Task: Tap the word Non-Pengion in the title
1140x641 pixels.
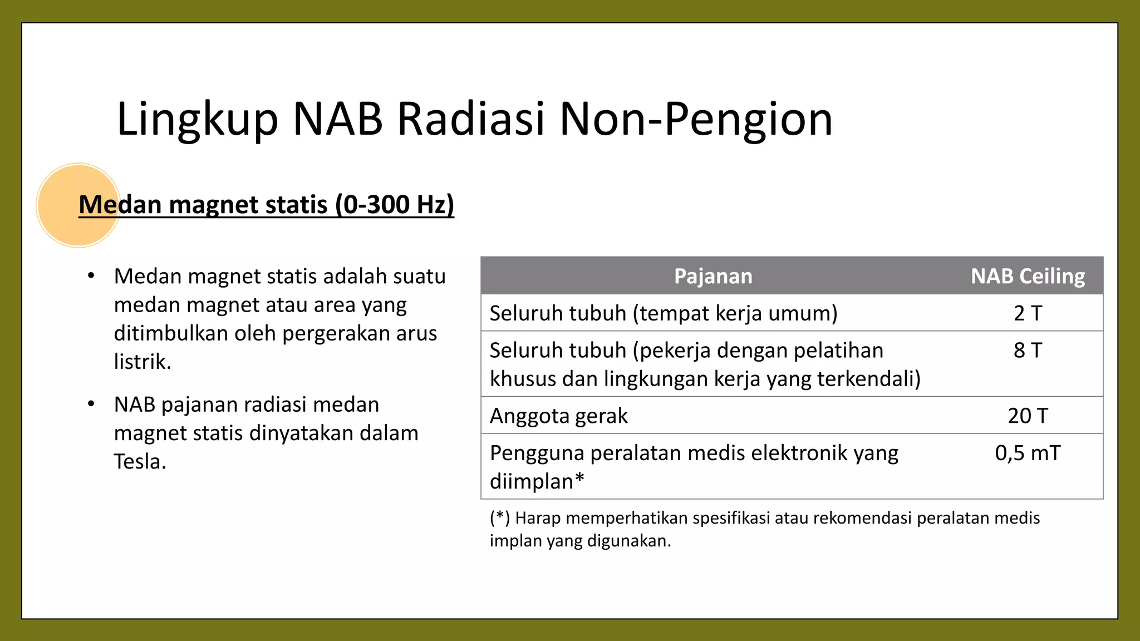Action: [x=696, y=120]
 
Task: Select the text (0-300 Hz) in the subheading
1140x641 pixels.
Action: [x=395, y=205]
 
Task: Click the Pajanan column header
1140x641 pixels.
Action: [x=713, y=276]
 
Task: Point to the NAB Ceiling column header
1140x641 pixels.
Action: [x=1028, y=276]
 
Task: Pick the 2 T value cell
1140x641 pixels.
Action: [x=1028, y=313]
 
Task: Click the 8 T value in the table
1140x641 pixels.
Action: [x=1028, y=351]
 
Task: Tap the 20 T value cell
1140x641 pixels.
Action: [x=1028, y=416]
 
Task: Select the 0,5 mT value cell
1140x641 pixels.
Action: [x=1028, y=453]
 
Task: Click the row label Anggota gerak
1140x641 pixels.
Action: [x=558, y=416]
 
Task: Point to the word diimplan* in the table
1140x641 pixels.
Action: [x=537, y=481]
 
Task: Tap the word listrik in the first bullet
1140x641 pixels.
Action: [x=142, y=362]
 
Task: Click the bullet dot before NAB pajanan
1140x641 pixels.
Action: [x=91, y=404]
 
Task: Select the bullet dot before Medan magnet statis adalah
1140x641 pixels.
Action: [x=91, y=276]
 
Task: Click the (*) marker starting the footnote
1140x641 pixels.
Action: [x=500, y=518]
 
